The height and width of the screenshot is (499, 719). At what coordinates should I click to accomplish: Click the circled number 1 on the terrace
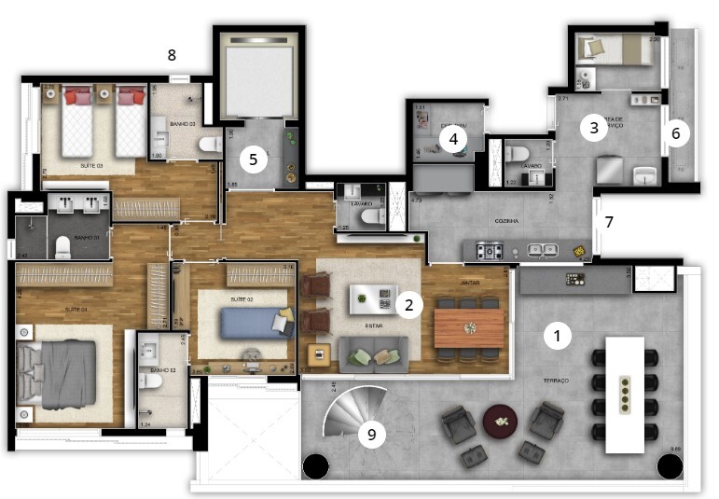pyautogui.click(x=558, y=336)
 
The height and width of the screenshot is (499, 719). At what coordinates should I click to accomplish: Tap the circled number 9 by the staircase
pyautogui.click(x=372, y=433)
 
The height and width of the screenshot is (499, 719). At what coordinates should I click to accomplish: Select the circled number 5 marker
pyautogui.click(x=253, y=159)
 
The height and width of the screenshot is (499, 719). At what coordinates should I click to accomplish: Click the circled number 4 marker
pyautogui.click(x=453, y=140)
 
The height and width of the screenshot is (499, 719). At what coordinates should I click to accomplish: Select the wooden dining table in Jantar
pyautogui.click(x=470, y=327)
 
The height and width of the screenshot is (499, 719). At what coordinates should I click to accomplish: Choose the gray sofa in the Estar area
pyautogui.click(x=372, y=353)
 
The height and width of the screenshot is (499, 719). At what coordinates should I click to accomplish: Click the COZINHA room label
pyautogui.click(x=507, y=221)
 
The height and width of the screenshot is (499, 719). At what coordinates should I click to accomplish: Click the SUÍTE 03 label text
pyautogui.click(x=90, y=165)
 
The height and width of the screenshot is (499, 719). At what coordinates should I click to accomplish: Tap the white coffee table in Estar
pyautogui.click(x=372, y=298)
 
